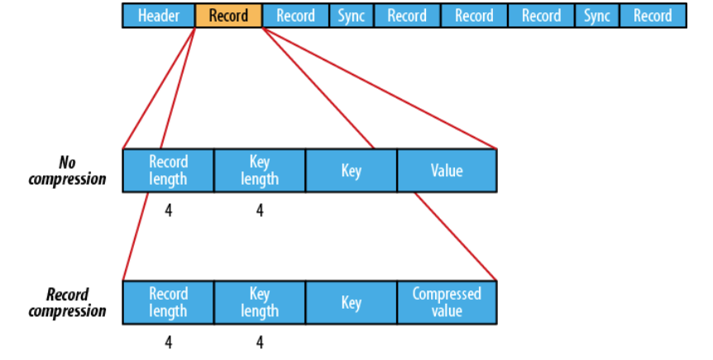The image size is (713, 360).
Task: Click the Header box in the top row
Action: (159, 16)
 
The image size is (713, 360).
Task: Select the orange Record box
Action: (228, 16)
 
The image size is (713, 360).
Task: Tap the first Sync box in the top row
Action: (352, 16)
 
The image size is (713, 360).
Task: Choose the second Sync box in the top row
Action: (596, 16)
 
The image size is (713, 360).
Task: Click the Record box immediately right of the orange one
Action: (295, 16)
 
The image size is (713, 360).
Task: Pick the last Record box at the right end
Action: (653, 16)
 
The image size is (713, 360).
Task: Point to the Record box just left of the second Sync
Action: (542, 16)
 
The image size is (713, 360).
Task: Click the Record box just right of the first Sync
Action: (407, 16)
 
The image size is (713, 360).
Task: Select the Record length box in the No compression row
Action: (168, 170)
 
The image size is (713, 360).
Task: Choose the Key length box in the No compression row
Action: (260, 170)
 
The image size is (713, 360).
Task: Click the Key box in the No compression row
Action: (351, 171)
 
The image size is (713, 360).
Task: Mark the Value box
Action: (447, 171)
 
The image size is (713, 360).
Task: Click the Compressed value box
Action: (447, 303)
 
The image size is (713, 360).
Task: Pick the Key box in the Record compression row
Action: (351, 303)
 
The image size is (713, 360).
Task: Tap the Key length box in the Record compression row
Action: (260, 303)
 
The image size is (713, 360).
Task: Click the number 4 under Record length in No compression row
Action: (169, 211)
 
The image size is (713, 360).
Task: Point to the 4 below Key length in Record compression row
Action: (260, 341)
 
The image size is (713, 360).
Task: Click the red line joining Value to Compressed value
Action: (455, 237)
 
